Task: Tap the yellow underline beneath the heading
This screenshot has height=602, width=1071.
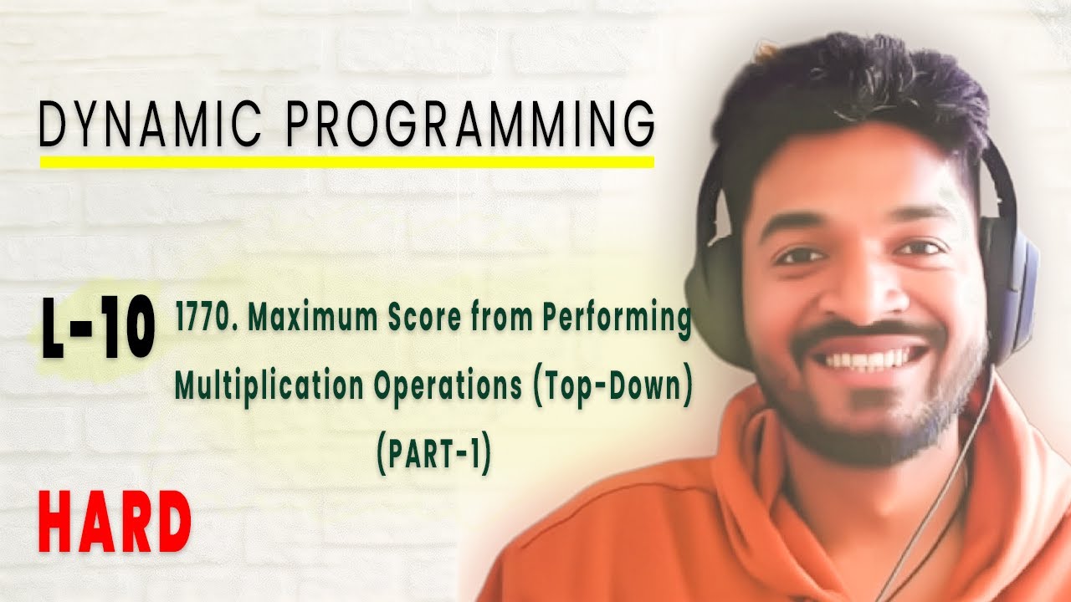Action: coord(346,161)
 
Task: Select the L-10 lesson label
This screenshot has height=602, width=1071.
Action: coord(98,332)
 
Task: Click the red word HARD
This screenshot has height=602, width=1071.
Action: coord(115,523)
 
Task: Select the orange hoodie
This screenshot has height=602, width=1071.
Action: coord(669,535)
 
